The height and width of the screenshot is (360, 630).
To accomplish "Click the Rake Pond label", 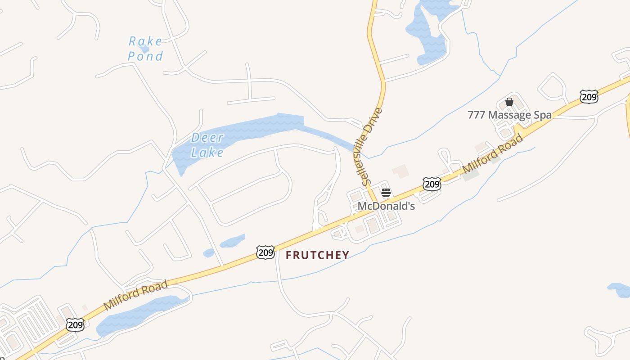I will coord(145,49).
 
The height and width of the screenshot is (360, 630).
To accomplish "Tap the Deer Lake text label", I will coord(207,145).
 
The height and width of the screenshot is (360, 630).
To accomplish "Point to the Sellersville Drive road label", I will coord(373,147).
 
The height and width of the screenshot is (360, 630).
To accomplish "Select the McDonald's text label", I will coord(386,206).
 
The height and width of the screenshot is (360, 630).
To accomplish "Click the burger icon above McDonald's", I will coord(386,193).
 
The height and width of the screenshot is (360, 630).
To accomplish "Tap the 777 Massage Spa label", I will coord(509,115).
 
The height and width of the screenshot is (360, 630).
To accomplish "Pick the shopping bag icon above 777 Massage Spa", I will coord(509,102).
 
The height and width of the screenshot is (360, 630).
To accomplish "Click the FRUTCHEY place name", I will coord(318,255).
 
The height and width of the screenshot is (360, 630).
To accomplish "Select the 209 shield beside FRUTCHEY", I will coord(265,252).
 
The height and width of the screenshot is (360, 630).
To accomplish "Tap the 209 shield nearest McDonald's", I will coord(432,183).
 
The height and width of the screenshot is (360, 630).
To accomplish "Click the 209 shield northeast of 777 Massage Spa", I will coord(589,96).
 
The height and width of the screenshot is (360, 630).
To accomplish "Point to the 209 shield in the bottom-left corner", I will coord(75,324).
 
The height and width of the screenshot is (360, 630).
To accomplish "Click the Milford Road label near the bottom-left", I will coord(135,295).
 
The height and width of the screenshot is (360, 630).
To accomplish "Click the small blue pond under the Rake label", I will coord(144,49).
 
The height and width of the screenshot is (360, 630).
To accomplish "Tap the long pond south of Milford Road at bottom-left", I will coord(139,315).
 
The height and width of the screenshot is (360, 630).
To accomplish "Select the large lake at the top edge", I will coord(430,31).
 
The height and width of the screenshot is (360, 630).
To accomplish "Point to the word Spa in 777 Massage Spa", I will coord(542,115).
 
